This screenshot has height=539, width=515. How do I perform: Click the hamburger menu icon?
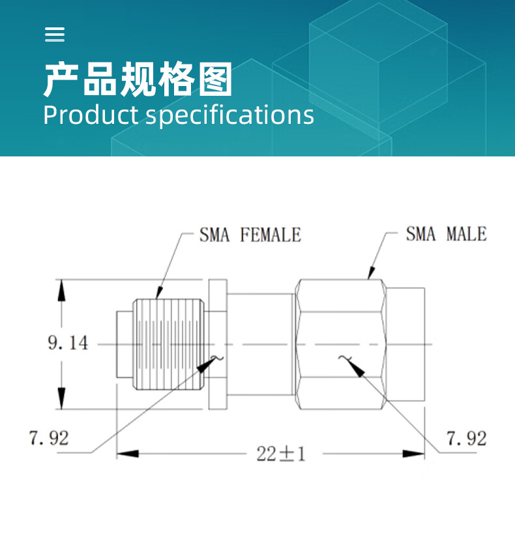pyautogui.click(x=55, y=35)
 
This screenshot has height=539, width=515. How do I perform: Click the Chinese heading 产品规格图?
pyautogui.click(x=138, y=81)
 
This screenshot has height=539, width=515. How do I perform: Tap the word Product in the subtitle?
pyautogui.click(x=90, y=115)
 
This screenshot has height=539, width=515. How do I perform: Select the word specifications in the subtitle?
pyautogui.click(x=229, y=115)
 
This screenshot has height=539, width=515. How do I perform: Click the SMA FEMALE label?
pyautogui.click(x=250, y=235)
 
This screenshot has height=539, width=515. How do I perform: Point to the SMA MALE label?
pyautogui.click(x=446, y=233)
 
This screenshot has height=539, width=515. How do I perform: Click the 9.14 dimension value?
pyautogui.click(x=68, y=343)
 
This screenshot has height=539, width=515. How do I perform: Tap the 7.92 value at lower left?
pyautogui.click(x=49, y=437)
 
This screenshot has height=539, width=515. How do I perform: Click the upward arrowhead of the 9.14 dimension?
pyautogui.click(x=61, y=291)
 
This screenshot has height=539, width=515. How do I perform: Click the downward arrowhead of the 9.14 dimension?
pyautogui.click(x=61, y=399)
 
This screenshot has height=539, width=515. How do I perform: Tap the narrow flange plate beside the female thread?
pyautogui.click(x=218, y=343)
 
